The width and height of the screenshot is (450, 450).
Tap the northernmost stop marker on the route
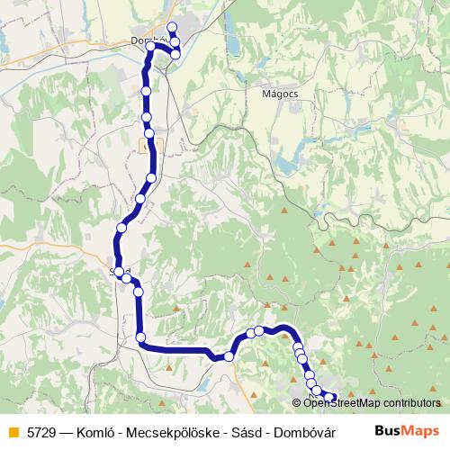pyautogui.click(x=172, y=27)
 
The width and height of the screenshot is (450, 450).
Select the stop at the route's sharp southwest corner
pyautogui.click(x=141, y=337)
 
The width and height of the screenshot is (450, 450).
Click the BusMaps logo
pyautogui.click(x=407, y=431)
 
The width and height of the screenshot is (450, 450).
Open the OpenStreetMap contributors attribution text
pyautogui.click(x=371, y=404)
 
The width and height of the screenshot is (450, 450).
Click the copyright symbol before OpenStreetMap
pyautogui.click(x=297, y=404)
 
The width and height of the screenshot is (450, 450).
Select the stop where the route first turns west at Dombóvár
pyautogui.click(x=175, y=54)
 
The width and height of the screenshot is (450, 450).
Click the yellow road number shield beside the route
pyautogui.click(x=147, y=143)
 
